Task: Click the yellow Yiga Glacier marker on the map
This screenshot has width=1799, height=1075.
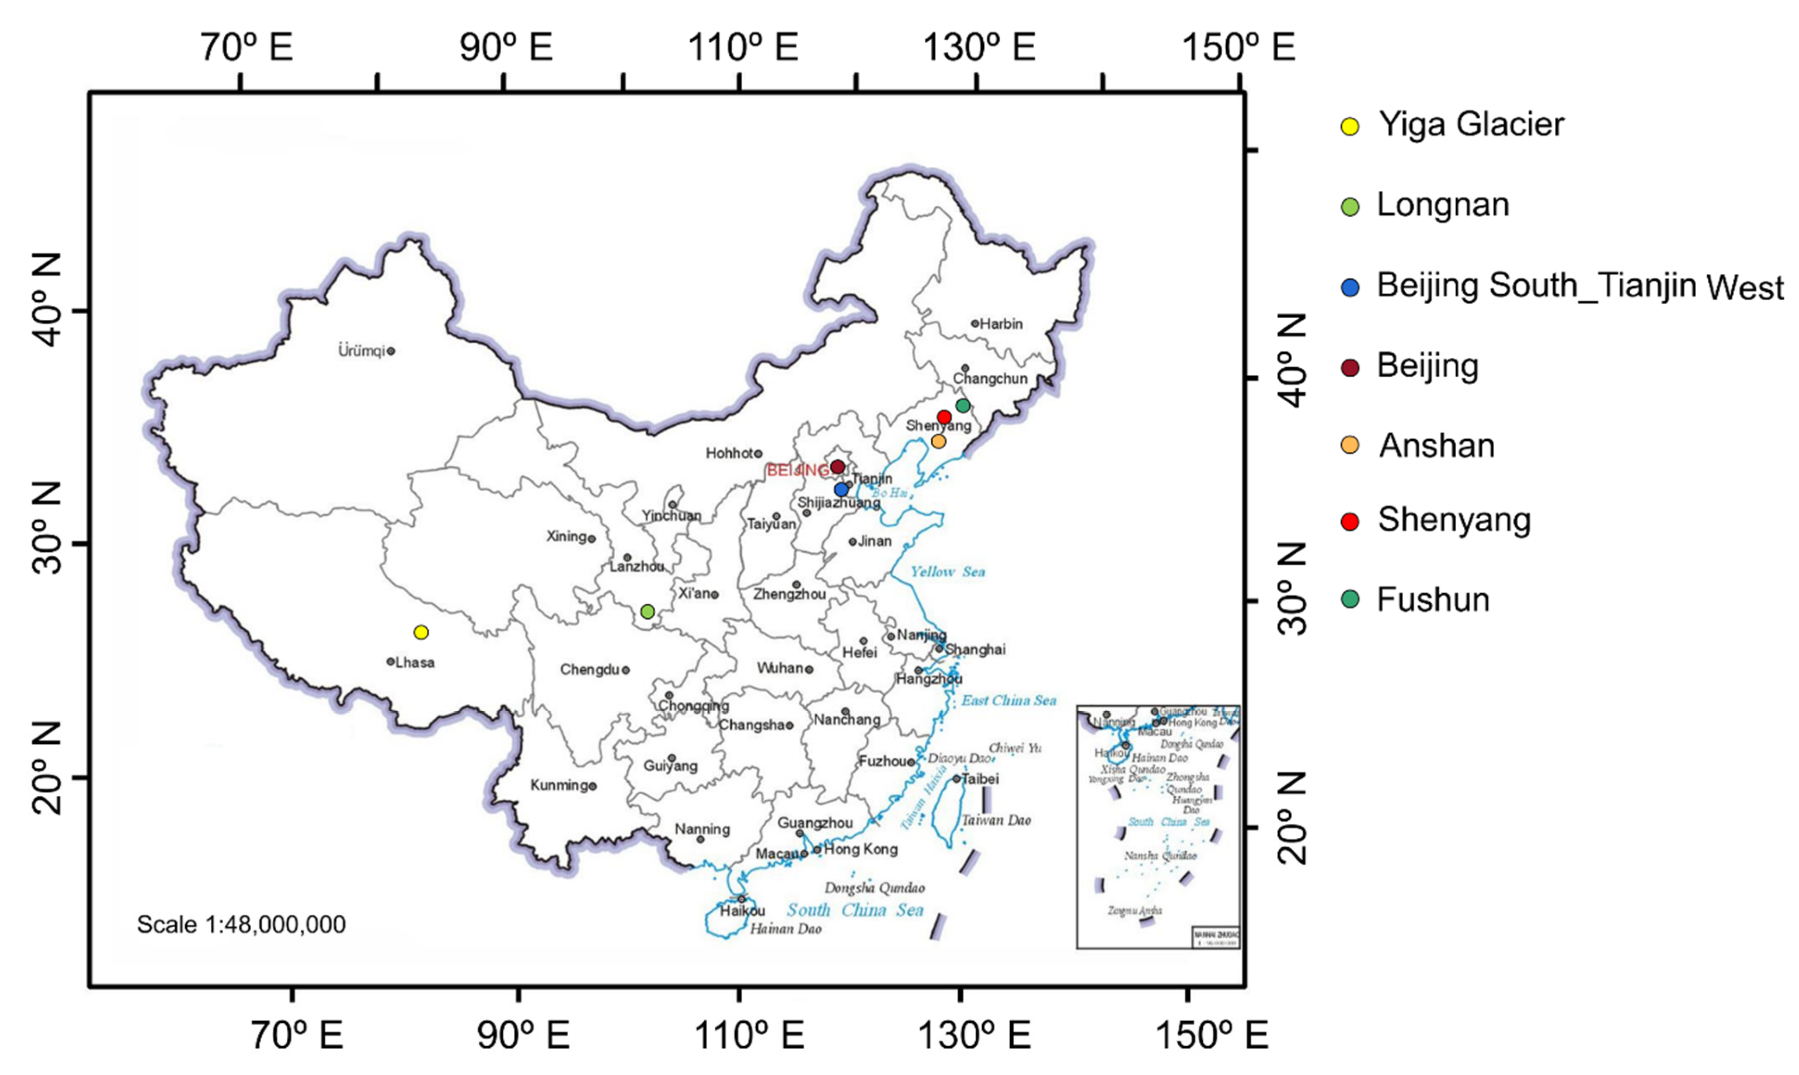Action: coord(421,632)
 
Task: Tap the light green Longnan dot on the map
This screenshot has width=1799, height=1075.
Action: coord(648,611)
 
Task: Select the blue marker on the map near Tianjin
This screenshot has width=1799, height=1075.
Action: coord(841,490)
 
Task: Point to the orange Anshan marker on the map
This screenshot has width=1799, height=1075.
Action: coord(939,441)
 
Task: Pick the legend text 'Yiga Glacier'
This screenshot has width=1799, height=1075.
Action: coord(1470,125)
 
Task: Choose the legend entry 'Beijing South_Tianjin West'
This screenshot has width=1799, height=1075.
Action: coord(1579,286)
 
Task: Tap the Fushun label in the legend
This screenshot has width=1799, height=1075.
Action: coord(1433,600)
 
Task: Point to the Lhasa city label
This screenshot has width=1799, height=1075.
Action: coord(415,663)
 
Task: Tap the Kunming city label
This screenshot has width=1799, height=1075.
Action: coord(559,785)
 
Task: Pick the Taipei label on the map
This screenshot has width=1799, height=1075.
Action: coord(980,779)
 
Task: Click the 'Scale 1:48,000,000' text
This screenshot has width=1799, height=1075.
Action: coord(241,925)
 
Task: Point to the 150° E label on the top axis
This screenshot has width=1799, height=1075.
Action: coord(1238,48)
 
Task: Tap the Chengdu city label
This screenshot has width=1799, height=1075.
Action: coord(589,670)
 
